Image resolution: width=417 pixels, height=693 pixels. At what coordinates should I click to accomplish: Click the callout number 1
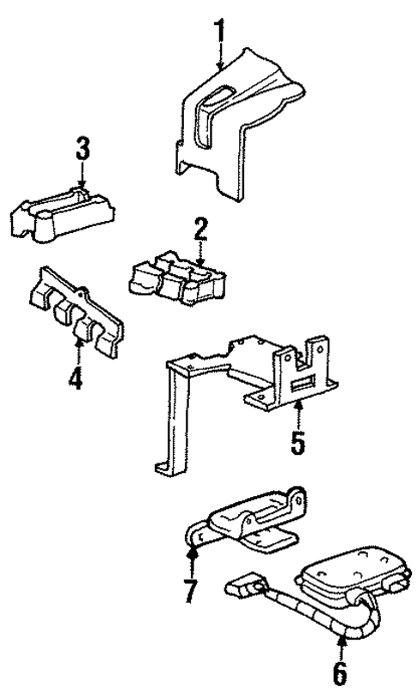click(220, 32)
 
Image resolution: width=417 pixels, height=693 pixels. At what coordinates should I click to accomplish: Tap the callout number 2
click(200, 229)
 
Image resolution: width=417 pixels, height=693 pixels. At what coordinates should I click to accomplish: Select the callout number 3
click(82, 149)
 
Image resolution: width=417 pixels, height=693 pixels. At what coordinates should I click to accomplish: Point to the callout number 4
click(77, 377)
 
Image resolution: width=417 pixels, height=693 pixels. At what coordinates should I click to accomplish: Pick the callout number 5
click(297, 445)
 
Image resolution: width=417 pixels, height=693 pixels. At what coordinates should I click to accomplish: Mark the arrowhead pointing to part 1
click(221, 65)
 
